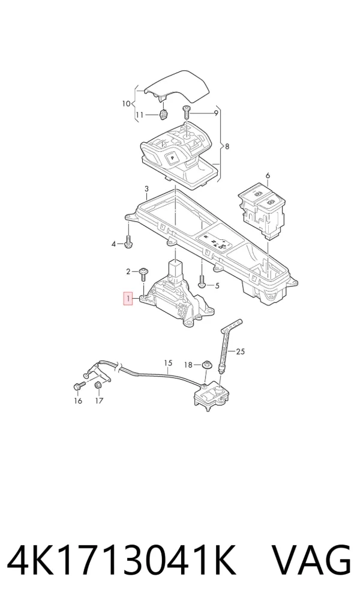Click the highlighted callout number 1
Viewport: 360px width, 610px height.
[x=128, y=299]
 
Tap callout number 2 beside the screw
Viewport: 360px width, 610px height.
[x=128, y=272]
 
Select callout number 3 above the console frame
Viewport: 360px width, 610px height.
[x=146, y=189]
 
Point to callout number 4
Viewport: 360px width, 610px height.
[x=113, y=244]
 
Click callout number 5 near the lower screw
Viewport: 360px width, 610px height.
[x=217, y=286]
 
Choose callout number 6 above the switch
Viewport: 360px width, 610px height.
[x=268, y=176]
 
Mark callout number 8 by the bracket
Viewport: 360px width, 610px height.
[x=227, y=147]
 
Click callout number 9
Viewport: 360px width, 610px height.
[x=215, y=113]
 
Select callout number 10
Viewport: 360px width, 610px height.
[x=126, y=104]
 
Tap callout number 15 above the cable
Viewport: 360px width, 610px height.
[x=168, y=363]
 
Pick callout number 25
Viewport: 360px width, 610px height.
[x=240, y=351]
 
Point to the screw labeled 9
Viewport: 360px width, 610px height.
[x=187, y=113]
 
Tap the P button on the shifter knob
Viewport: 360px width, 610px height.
[x=172, y=158]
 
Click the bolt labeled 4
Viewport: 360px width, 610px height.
[x=128, y=241]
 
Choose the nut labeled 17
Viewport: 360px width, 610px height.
[x=98, y=385]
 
